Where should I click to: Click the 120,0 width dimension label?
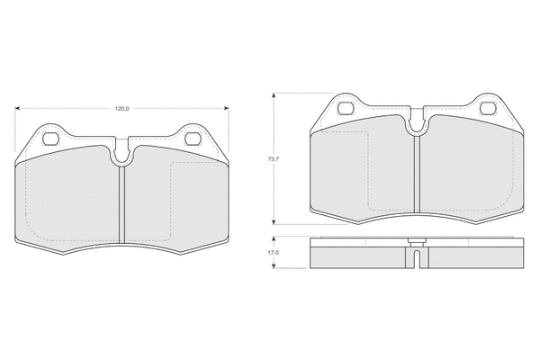click(121, 109)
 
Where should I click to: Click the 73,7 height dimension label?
click(274, 159)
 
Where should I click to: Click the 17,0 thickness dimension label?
click(274, 253)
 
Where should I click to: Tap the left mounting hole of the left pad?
click(50, 139)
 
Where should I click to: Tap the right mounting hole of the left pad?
click(193, 139)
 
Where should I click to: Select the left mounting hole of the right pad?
click(346, 109)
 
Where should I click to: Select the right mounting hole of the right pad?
click(488, 109)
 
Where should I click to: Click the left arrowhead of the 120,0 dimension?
click(17, 109)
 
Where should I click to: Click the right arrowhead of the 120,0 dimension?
click(226, 109)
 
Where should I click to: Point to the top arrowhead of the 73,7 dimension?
click(274, 95)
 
